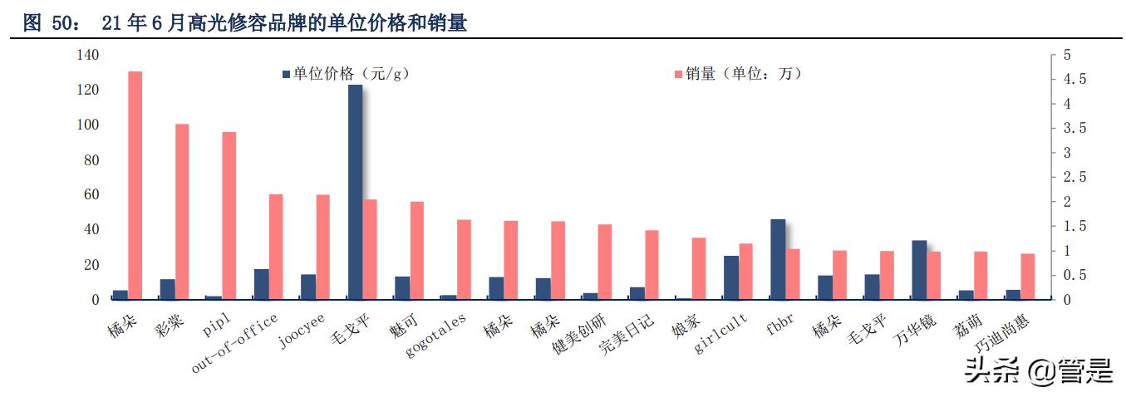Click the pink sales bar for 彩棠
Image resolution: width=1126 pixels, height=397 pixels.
[x=182, y=212]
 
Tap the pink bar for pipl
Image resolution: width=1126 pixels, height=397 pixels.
[x=229, y=216]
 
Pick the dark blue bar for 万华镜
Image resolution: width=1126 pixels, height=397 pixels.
[x=919, y=270]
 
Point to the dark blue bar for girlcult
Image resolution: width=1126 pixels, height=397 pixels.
[x=730, y=277]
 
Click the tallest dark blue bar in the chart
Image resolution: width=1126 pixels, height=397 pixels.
[x=355, y=192]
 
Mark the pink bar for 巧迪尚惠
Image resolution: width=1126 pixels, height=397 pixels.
[x=1028, y=277]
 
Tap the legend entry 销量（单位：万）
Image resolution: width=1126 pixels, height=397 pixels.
[x=738, y=74]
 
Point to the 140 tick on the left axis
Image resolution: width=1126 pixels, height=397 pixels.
[x=87, y=55]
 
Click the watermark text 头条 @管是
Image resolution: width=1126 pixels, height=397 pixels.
[x=1038, y=370]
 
